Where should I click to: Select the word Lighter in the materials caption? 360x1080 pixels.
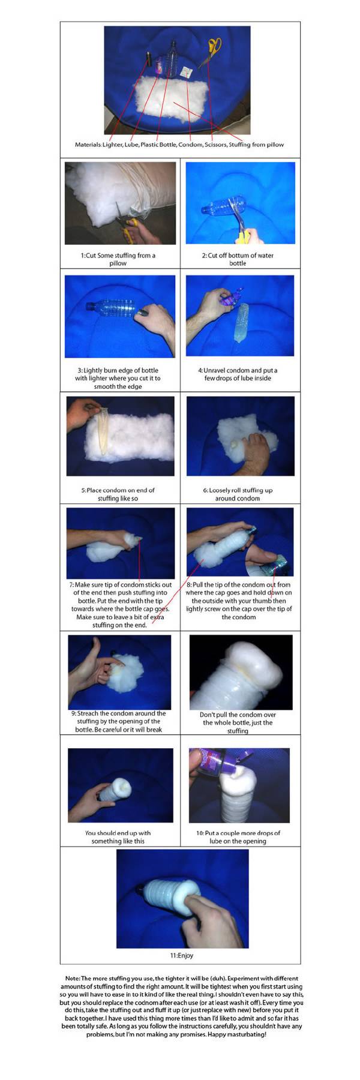(x=112, y=145)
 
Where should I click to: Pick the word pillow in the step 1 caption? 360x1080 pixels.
(x=118, y=263)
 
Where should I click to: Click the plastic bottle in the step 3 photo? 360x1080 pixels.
(x=118, y=309)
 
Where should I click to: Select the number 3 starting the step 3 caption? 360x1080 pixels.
(x=78, y=370)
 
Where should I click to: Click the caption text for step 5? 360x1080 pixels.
(x=118, y=494)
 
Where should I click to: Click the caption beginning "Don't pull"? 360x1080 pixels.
(x=238, y=723)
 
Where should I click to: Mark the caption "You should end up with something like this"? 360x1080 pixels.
(x=118, y=837)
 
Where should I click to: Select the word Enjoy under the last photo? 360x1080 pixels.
(x=185, y=955)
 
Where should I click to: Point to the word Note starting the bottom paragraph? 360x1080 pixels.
(x=72, y=979)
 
